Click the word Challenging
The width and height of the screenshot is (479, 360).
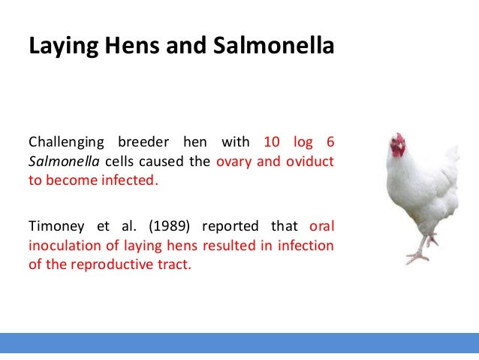tap(65, 142)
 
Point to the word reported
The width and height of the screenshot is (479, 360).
tap(229, 226)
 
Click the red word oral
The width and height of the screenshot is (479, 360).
tap(322, 226)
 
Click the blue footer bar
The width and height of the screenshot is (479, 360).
tap(239, 342)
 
